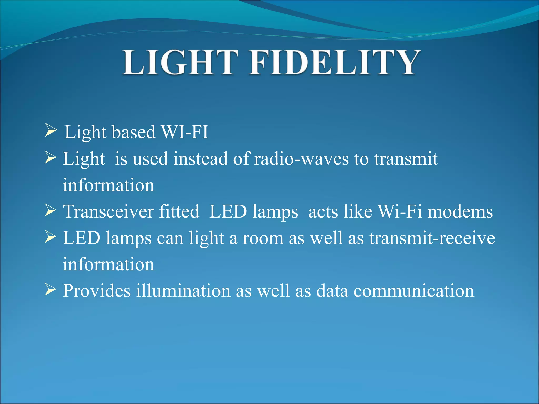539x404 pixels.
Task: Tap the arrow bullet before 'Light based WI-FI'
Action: click(x=51, y=130)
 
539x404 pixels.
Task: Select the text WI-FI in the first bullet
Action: click(x=185, y=132)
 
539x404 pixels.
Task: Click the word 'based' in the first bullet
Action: click(x=134, y=132)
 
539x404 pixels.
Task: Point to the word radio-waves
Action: click(x=301, y=159)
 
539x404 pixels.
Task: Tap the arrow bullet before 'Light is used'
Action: click(x=51, y=158)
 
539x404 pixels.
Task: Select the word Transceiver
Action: click(x=108, y=212)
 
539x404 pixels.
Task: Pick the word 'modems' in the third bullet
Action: click(x=460, y=212)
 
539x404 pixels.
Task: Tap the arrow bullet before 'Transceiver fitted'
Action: click(x=51, y=211)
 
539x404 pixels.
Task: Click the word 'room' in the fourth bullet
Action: click(x=263, y=238)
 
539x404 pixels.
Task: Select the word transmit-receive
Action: click(x=432, y=238)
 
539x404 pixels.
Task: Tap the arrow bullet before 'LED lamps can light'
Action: click(x=51, y=237)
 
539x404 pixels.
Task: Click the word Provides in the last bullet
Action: click(x=97, y=291)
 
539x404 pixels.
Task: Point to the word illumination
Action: click(x=183, y=291)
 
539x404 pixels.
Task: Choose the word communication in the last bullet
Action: click(x=413, y=291)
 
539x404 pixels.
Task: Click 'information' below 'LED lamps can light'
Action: click(x=108, y=265)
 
